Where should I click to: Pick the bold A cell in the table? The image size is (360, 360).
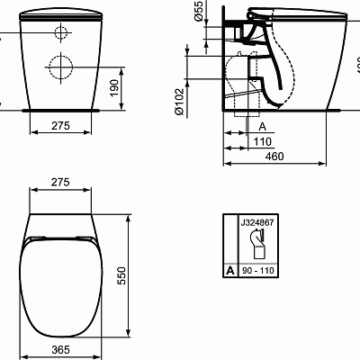pyautogui.click(x=230, y=269)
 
